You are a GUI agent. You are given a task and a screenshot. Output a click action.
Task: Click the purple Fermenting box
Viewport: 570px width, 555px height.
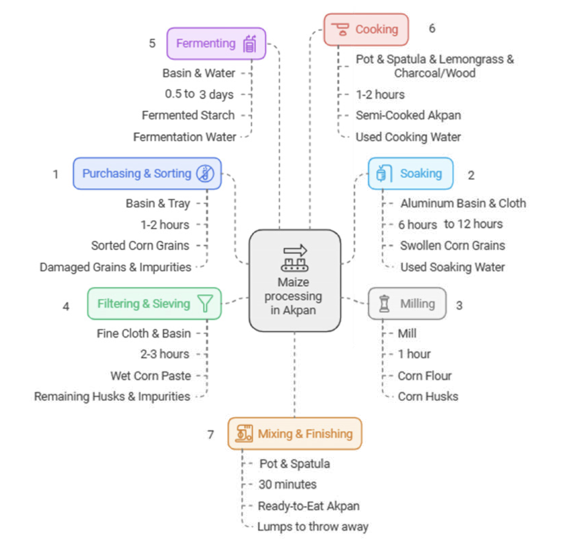[216, 44]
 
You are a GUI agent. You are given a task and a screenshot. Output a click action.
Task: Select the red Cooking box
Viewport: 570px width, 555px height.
[366, 30]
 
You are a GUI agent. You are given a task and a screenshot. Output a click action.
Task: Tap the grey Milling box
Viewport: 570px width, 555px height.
[407, 304]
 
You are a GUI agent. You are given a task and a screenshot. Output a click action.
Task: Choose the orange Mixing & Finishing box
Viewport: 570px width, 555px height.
[294, 434]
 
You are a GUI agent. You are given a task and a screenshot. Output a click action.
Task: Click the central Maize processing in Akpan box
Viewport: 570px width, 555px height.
[294, 281]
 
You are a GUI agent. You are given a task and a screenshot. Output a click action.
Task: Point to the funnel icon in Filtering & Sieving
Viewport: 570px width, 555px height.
[205, 303]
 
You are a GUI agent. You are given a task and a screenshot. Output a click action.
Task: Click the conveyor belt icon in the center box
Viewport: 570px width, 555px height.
[294, 258]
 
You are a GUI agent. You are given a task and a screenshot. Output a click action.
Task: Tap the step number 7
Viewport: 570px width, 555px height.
[211, 434]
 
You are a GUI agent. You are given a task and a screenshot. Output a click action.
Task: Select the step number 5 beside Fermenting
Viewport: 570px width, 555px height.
[152, 43]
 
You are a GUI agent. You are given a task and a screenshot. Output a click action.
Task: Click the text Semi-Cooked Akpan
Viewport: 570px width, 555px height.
[408, 116]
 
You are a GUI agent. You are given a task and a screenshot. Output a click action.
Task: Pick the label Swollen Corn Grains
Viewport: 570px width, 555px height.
[453, 245]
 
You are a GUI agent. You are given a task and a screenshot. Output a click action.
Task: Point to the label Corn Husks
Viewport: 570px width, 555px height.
[428, 397]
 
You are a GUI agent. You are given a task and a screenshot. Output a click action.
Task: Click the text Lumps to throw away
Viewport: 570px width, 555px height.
[313, 527]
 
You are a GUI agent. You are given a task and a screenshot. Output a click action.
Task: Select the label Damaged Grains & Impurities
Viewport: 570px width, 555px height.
[115, 267]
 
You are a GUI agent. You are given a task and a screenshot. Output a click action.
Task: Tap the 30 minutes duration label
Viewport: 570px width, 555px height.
[287, 485]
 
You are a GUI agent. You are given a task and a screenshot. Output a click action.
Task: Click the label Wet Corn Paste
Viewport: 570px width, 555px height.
[151, 376]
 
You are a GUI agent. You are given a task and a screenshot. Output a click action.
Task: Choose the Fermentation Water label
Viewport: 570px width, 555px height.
[185, 137]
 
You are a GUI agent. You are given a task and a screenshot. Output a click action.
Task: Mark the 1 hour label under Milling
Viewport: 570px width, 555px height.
[414, 354]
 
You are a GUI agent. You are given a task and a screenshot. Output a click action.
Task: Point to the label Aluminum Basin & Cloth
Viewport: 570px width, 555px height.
[463, 204]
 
